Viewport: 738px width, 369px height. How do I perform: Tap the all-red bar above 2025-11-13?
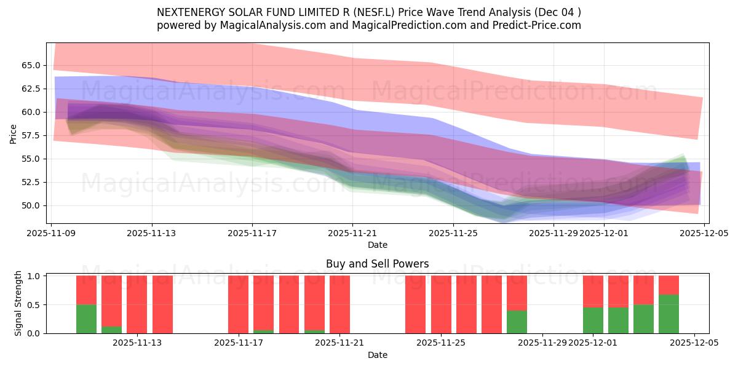click(x=162, y=304)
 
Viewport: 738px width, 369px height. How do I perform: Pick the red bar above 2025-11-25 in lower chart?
click(x=441, y=304)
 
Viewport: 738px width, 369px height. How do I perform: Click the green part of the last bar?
click(x=669, y=314)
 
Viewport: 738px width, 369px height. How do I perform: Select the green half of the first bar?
click(x=86, y=319)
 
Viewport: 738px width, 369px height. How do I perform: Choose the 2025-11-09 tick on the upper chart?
click(x=52, y=234)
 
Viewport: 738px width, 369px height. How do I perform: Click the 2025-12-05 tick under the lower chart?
click(x=694, y=343)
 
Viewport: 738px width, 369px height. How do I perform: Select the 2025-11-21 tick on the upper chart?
click(x=352, y=234)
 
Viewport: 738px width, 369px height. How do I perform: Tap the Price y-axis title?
click(x=14, y=133)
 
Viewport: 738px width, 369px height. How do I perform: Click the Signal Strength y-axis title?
click(x=18, y=303)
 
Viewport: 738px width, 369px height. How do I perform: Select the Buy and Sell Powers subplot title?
click(x=377, y=264)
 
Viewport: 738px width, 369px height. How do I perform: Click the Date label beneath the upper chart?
click(x=377, y=245)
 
